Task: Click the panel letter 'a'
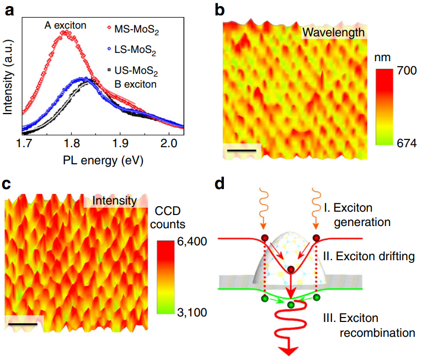(x=9, y=9)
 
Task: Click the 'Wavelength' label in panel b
(x=333, y=33)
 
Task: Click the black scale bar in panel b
(x=241, y=149)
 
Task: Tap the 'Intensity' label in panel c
(x=115, y=201)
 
